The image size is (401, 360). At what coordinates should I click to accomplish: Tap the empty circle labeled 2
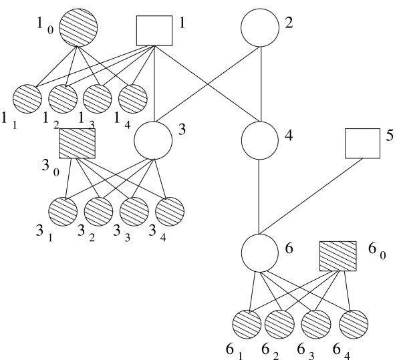pyautogui.click(x=259, y=27)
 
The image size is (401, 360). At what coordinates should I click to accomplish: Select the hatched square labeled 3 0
pyautogui.click(x=77, y=144)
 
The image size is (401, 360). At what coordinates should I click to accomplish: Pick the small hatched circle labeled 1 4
pyautogui.click(x=132, y=99)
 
